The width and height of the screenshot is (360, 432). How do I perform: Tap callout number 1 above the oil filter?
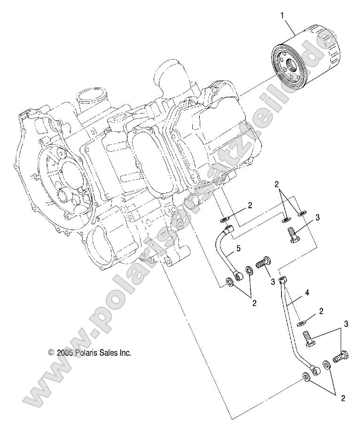[282, 16]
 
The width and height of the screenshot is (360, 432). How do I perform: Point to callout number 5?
[239, 247]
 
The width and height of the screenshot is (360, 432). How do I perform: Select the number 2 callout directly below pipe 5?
[254, 303]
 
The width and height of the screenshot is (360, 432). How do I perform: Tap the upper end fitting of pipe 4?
[283, 281]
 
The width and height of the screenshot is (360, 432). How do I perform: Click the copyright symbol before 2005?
[51, 352]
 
